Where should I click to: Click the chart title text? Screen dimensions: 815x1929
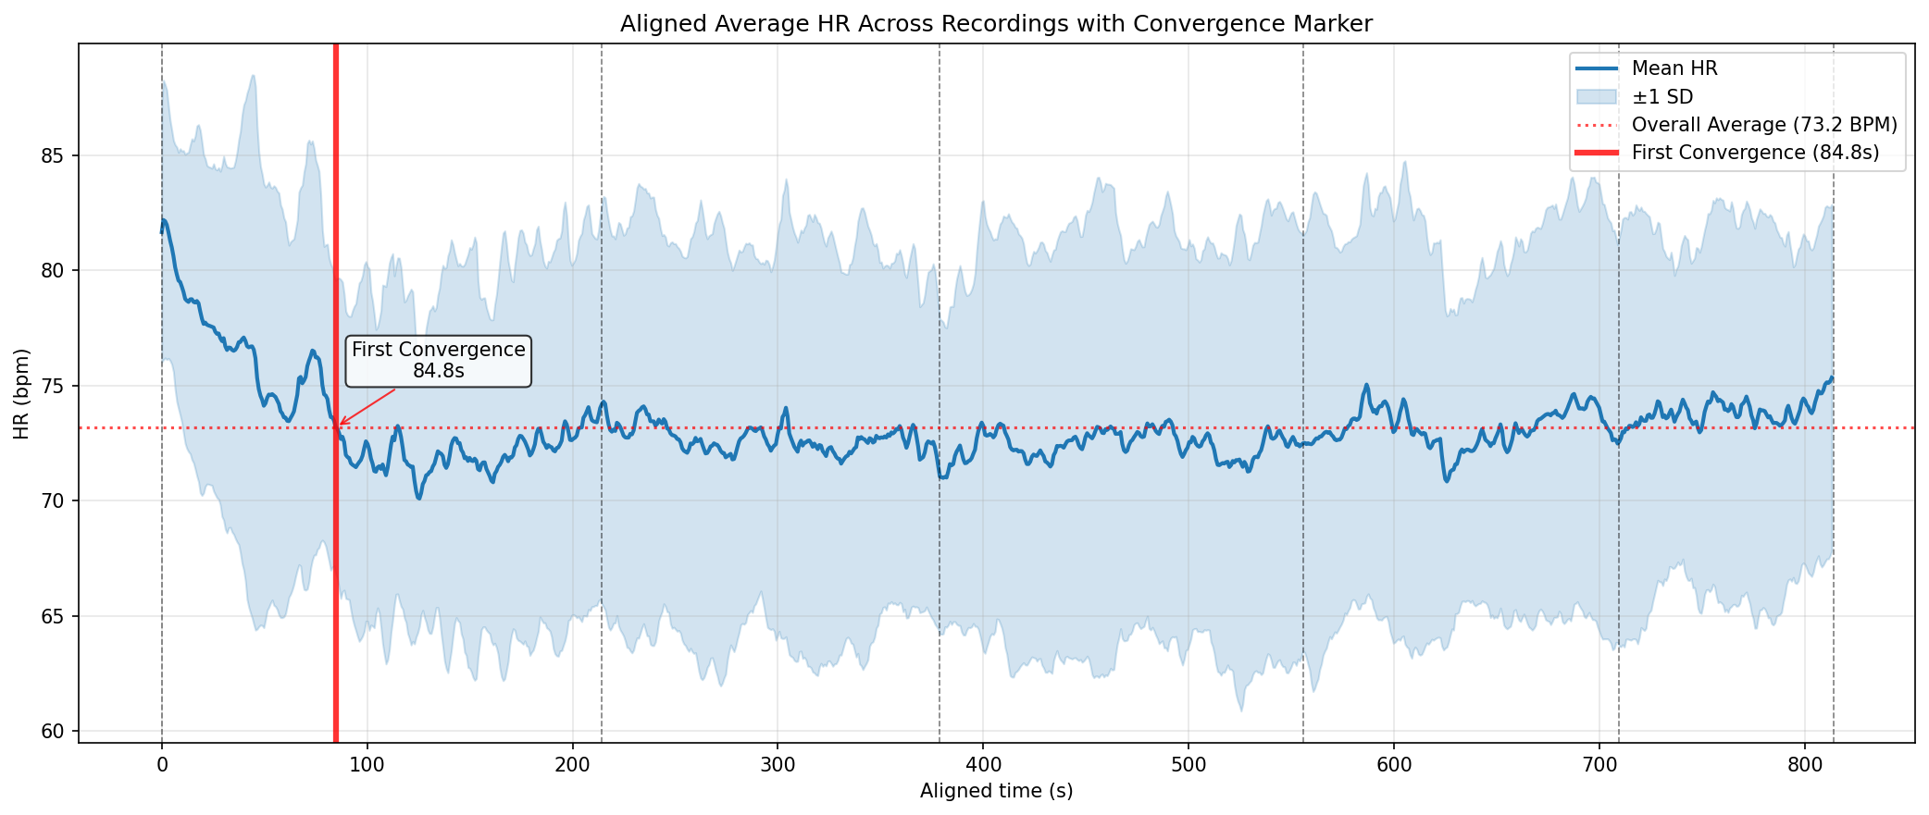(x=996, y=24)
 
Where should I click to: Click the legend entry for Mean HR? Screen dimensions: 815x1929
(x=1674, y=68)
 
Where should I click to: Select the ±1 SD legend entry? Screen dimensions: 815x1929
(x=1662, y=96)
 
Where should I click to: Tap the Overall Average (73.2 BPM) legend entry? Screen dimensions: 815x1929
(x=1764, y=125)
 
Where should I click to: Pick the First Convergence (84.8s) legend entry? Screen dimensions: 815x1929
(x=1755, y=153)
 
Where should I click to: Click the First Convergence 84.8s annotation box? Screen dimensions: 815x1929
(x=439, y=361)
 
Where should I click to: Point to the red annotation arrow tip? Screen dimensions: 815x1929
(x=339, y=426)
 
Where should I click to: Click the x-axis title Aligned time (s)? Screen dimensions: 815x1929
(x=996, y=791)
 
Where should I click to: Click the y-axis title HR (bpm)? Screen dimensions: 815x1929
(x=22, y=393)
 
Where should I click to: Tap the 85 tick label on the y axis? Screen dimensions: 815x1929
(x=54, y=155)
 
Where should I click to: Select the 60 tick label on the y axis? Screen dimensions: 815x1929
(x=54, y=732)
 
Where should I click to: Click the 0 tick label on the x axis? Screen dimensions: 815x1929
(x=162, y=765)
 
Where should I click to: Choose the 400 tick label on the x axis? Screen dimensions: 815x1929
(x=983, y=765)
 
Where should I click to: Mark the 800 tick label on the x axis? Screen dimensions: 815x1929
(x=1804, y=765)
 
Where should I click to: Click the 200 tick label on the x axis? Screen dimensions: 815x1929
(x=572, y=765)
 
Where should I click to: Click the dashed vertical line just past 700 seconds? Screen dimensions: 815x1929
(x=1619, y=555)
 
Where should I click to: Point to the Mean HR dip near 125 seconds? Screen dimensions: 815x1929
(x=418, y=499)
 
